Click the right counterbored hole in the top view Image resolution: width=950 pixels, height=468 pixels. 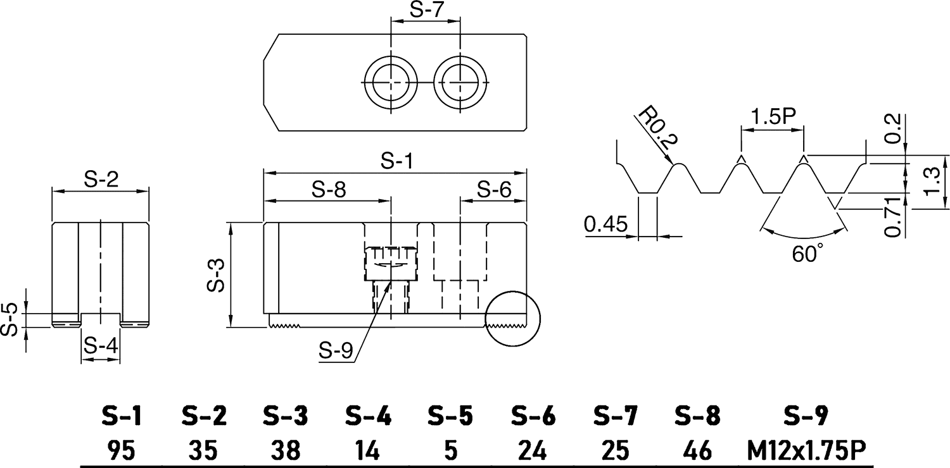461,83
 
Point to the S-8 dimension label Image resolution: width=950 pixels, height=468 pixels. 329,190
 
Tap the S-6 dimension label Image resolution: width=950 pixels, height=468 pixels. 493,188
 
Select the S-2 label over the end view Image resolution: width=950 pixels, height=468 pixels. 101,180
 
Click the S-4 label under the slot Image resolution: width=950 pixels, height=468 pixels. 101,346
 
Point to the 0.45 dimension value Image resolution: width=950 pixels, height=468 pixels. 605,224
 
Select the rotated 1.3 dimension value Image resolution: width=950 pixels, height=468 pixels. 931,182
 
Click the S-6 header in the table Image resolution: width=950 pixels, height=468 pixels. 533,416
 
